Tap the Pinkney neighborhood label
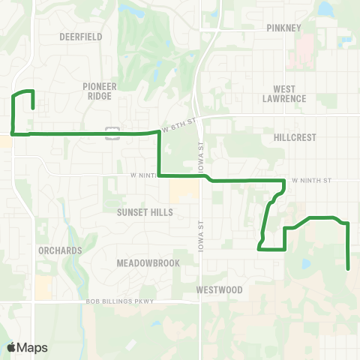tap(283, 28)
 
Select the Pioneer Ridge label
tap(100, 91)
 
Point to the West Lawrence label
tap(284, 93)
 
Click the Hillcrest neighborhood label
tap(295, 137)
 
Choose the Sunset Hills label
tap(145, 212)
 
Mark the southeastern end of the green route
tap(348, 268)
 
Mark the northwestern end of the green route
tap(33, 108)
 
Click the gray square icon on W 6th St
tap(112, 133)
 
